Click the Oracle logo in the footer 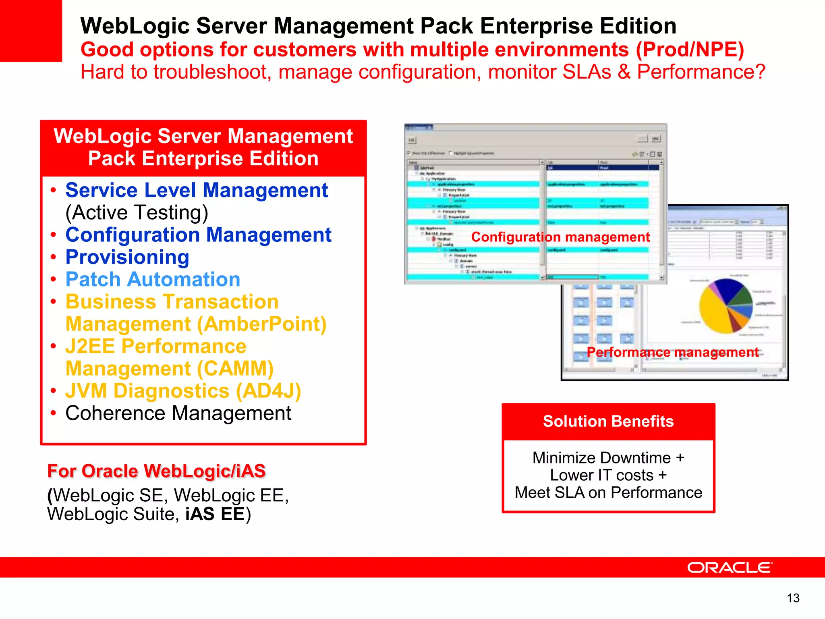tap(730, 567)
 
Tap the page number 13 tap(793, 598)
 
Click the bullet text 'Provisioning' tap(127, 257)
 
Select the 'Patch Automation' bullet tap(153, 279)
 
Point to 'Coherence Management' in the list tap(178, 413)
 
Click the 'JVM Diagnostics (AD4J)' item tap(183, 391)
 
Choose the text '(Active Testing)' tap(137, 212)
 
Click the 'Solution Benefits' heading tap(608, 421)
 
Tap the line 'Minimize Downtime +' tap(608, 458)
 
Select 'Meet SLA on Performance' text tap(608, 492)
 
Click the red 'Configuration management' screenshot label tap(560, 237)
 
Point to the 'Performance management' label tap(672, 352)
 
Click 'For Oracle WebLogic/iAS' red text tap(156, 471)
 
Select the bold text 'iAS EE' tap(215, 514)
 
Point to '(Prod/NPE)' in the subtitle tap(690, 50)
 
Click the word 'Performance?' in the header tap(701, 72)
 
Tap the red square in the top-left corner tap(31, 31)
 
